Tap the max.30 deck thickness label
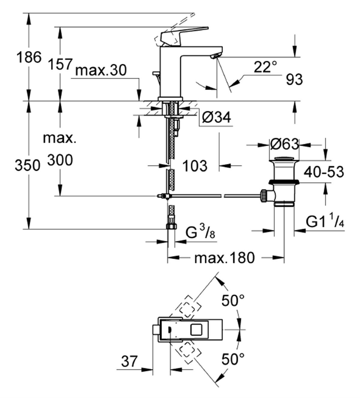coord(101,71)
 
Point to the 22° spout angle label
coord(265,67)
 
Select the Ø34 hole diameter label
coord(216,117)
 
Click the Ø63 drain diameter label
coord(284,144)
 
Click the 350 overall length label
coord(27,165)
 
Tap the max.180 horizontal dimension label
coord(224,258)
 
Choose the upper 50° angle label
coord(233,300)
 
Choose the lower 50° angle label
coord(233,358)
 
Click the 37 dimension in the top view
coord(129,361)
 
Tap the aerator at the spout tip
coord(216,56)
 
